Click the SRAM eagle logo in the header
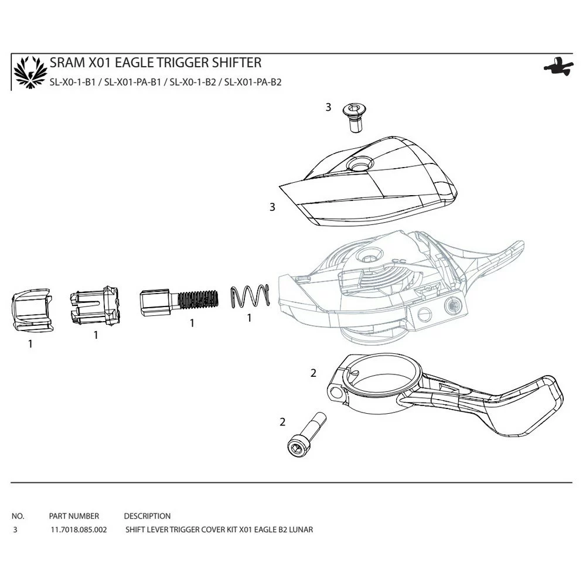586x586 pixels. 30,73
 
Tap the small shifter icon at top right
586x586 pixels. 558,67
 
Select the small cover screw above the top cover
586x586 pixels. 354,118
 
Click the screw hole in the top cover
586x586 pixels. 360,164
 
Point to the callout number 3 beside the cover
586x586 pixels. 272,207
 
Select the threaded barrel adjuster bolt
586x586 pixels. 179,302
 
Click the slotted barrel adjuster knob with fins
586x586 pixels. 94,306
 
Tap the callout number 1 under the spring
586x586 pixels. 249,318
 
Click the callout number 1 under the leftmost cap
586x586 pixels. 30,344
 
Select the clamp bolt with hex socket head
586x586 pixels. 306,435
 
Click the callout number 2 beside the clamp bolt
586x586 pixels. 282,422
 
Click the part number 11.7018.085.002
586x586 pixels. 79,530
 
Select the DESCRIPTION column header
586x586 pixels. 147,516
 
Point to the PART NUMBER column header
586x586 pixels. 74,516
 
